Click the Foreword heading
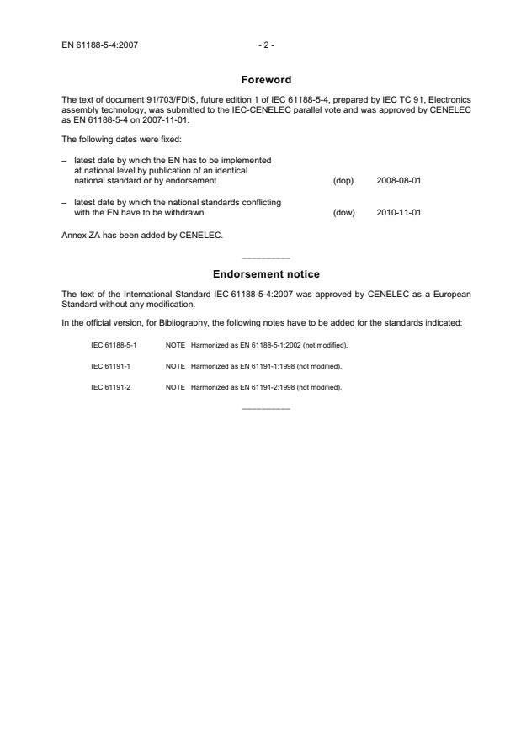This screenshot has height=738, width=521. pyautogui.click(x=265, y=80)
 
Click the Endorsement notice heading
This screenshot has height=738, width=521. pyautogui.click(x=265, y=274)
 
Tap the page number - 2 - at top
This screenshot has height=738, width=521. pyautogui.click(x=265, y=45)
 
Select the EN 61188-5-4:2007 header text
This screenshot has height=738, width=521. pyautogui.click(x=100, y=45)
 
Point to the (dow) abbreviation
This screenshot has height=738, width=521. pyautogui.click(x=343, y=213)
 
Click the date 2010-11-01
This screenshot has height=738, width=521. pyautogui.click(x=399, y=213)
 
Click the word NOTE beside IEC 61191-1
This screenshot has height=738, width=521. pyautogui.click(x=175, y=366)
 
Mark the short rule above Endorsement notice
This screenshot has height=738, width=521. pyautogui.click(x=265, y=257)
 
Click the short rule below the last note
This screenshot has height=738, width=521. pyautogui.click(x=265, y=408)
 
